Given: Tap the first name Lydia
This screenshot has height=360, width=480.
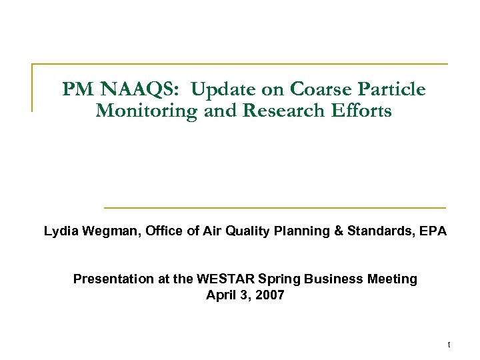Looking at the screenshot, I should [x=60, y=232].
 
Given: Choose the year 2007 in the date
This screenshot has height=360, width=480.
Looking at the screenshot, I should [x=269, y=295].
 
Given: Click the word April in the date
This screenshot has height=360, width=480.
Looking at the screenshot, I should [x=221, y=295].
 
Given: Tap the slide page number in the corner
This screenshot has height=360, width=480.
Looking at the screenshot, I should [x=449, y=345].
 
